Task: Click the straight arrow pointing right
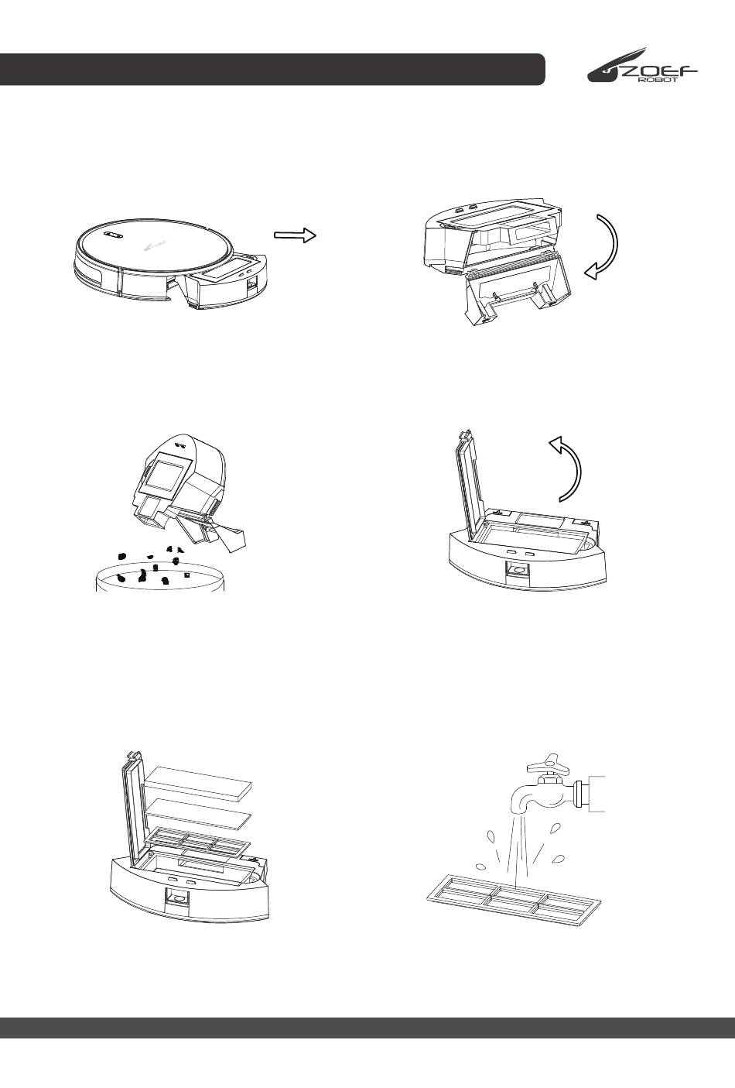coord(295,235)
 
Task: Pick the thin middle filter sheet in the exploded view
coord(200,814)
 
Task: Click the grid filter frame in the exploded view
coord(197,844)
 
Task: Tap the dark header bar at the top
coord(272,70)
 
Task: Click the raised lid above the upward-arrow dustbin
coord(470,479)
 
